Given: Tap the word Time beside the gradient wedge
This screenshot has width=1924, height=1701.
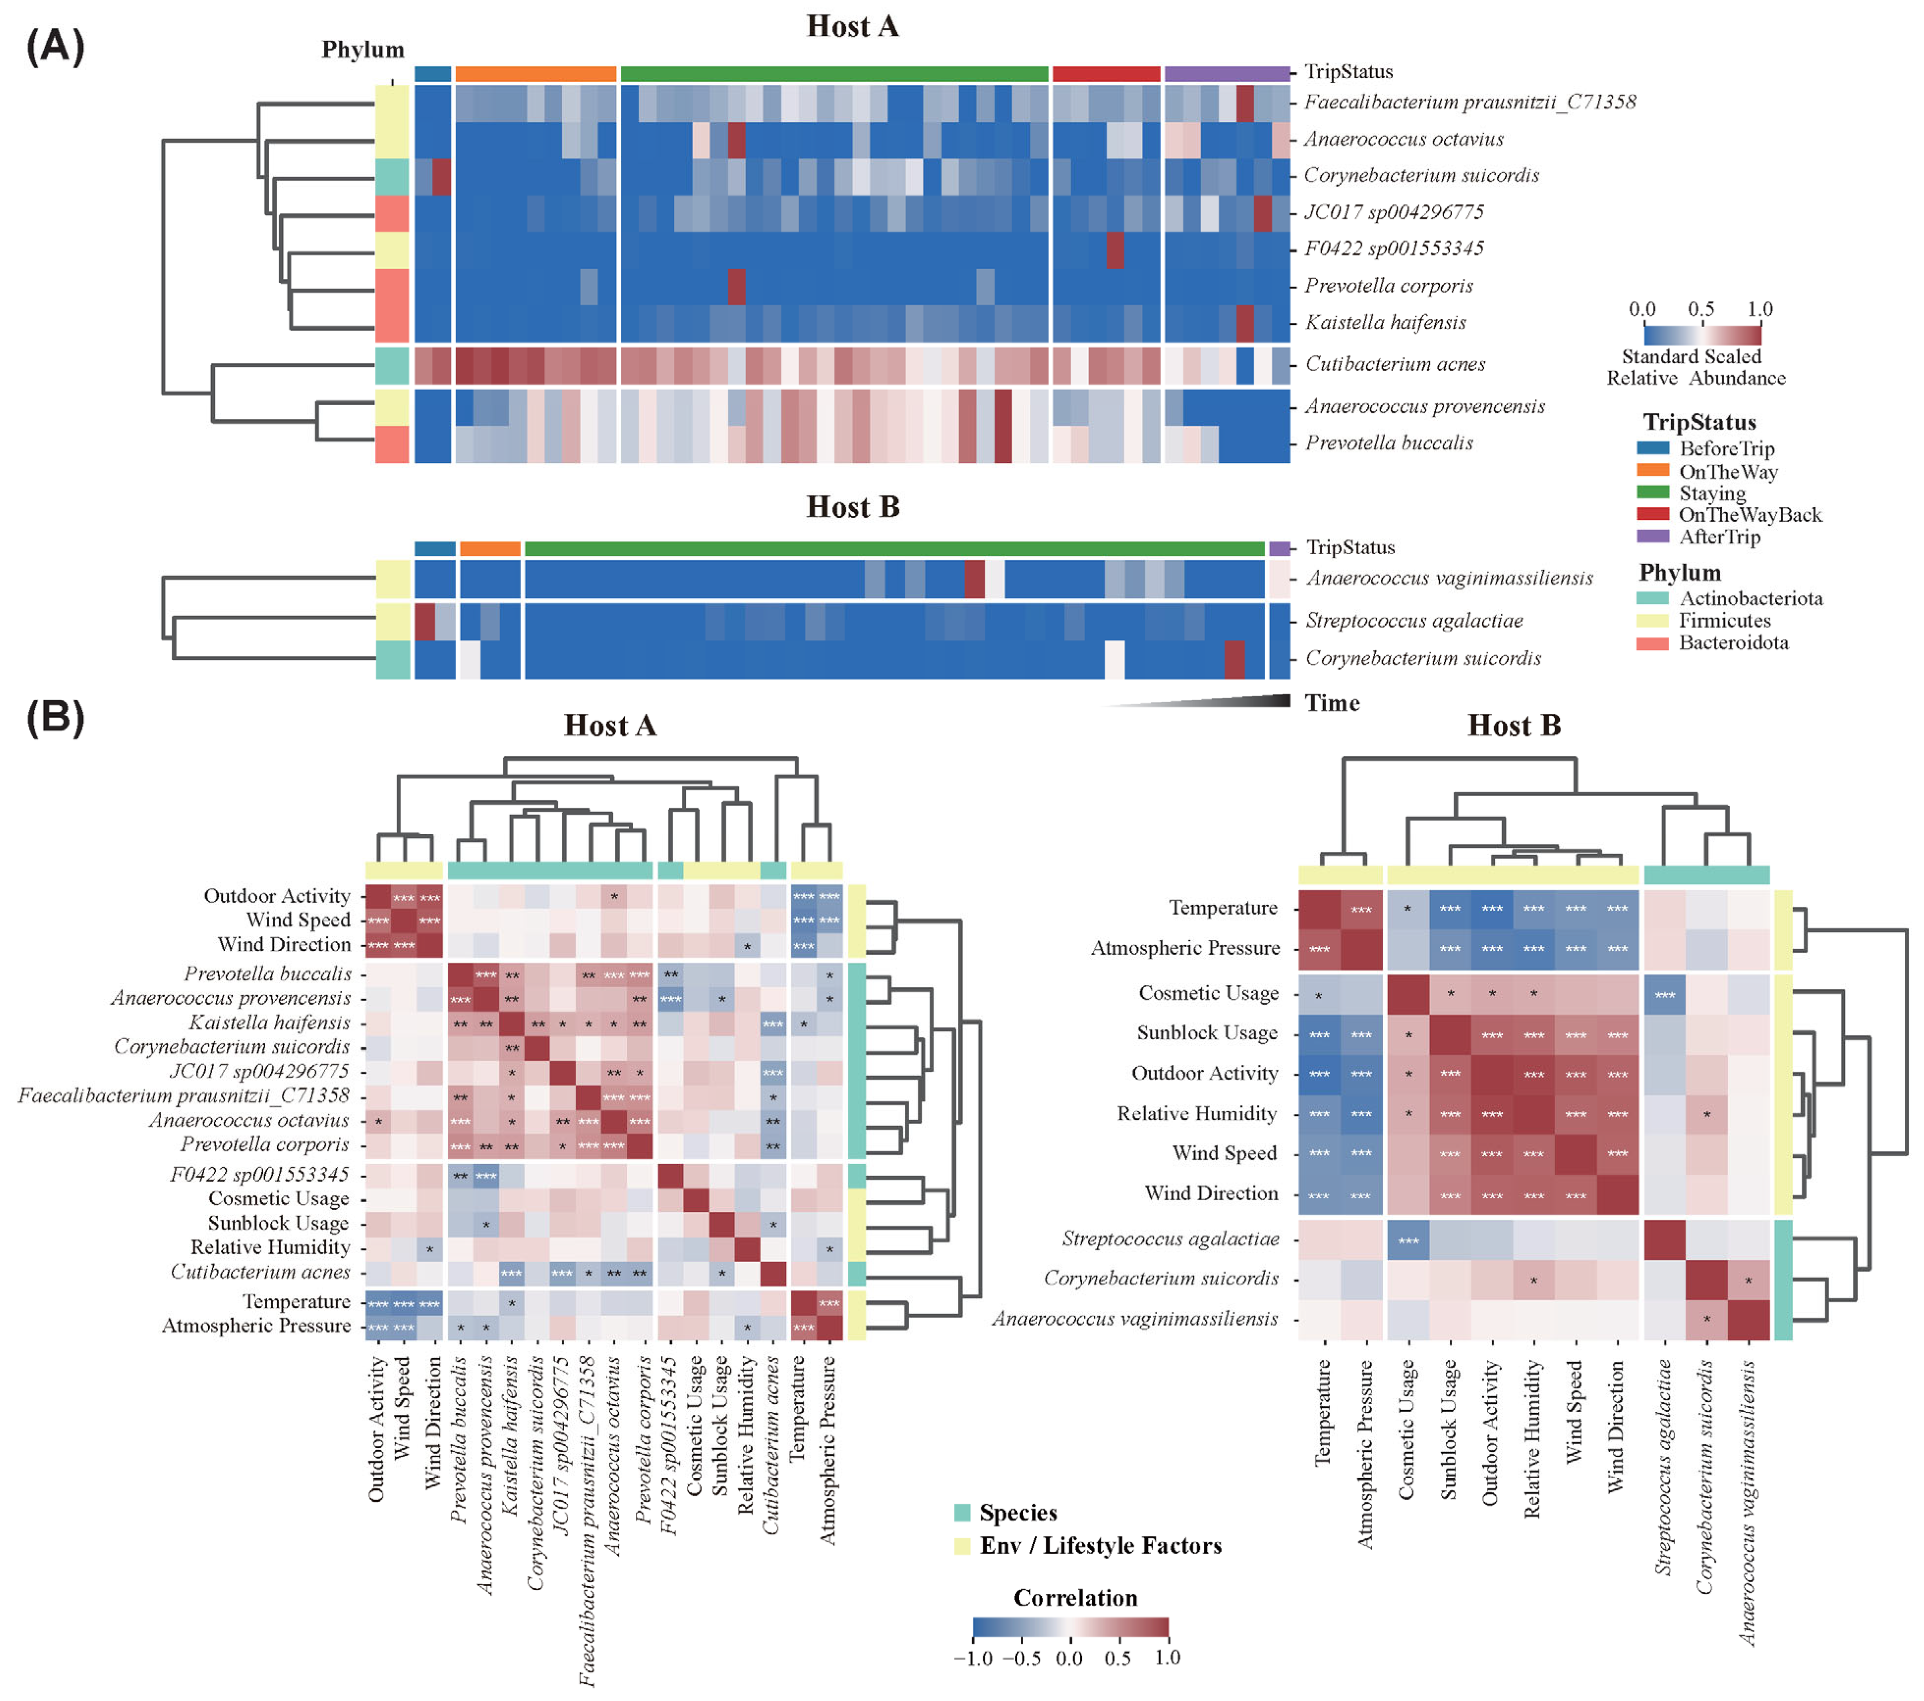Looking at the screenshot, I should tap(1332, 703).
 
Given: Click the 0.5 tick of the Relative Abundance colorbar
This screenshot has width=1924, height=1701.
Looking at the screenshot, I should tap(1701, 310).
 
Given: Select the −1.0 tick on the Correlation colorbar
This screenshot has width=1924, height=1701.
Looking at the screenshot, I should tap(974, 1659).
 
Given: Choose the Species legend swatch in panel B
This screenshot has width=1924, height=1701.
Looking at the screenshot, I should tap(962, 1513).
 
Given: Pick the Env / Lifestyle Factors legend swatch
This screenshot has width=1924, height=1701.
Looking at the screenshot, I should tap(962, 1546).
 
